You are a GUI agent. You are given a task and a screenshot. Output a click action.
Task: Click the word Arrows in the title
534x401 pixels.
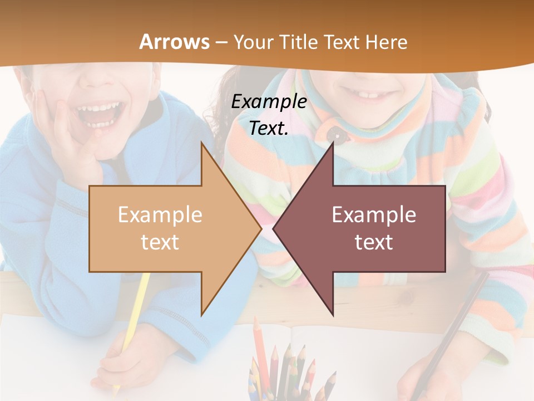(x=174, y=42)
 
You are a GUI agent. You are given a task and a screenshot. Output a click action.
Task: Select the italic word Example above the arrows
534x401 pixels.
(x=269, y=101)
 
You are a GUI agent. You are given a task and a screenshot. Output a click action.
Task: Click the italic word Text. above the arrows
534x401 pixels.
(x=269, y=128)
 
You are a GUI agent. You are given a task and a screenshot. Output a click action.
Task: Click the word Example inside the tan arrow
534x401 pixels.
(x=160, y=215)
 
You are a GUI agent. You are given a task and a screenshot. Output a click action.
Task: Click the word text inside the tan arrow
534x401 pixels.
(x=160, y=242)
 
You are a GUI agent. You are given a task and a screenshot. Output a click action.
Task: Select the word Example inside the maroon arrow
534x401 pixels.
(x=374, y=215)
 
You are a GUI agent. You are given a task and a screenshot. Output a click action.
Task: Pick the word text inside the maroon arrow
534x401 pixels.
(x=374, y=242)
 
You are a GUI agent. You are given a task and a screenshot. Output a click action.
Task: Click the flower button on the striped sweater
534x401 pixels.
(x=333, y=134)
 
